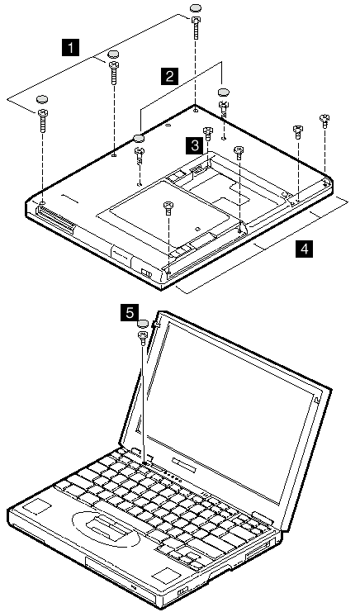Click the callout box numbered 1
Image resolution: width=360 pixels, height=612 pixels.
tap(70, 48)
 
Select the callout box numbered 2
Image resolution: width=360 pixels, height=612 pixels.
tap(169, 75)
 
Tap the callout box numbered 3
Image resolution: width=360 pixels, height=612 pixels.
tap(194, 145)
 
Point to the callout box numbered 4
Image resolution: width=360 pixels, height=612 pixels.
tap(305, 249)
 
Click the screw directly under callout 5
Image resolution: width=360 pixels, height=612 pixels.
tap(143, 337)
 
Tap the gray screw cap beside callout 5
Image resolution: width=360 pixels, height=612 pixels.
tap(143, 324)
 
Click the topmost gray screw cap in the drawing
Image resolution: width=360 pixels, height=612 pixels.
tap(196, 7)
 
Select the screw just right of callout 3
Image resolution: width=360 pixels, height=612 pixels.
tap(208, 134)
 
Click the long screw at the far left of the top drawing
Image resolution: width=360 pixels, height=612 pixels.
tap(42, 121)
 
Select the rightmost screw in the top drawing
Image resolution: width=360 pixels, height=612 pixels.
tap(324, 121)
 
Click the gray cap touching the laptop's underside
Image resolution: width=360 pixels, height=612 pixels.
tap(140, 138)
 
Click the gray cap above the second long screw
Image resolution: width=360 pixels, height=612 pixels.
tap(113, 55)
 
